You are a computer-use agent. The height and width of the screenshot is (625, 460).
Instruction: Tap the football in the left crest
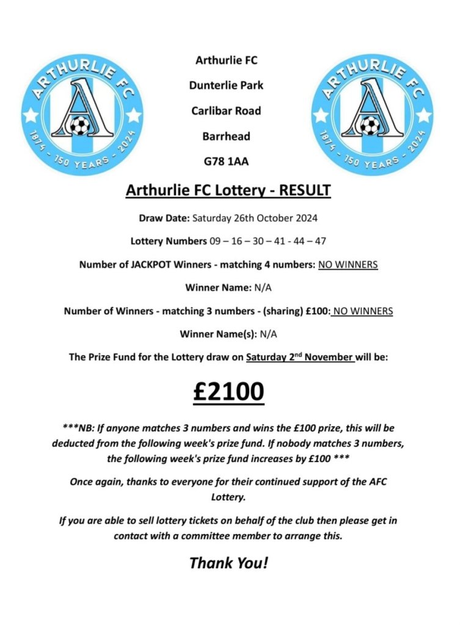[79, 127]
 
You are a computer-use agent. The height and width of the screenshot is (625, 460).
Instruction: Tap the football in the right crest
[368, 127]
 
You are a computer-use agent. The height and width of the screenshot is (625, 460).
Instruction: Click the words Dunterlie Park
[227, 85]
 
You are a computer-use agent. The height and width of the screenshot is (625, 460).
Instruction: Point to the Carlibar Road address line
[227, 111]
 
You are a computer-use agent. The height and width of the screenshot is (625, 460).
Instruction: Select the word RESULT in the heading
[304, 190]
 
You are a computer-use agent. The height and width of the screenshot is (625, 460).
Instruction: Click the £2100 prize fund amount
[228, 391]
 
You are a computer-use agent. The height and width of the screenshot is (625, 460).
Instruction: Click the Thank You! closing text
[228, 562]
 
